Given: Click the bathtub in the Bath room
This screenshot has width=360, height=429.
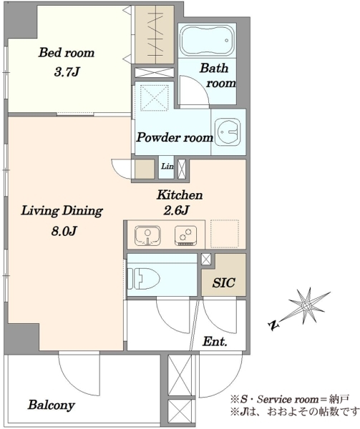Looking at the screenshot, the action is click(x=208, y=41).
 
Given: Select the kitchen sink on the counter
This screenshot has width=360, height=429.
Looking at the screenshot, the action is click(x=147, y=235).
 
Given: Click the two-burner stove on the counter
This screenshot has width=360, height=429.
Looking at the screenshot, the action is click(x=185, y=235).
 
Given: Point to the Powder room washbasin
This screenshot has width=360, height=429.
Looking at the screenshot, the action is click(x=228, y=132).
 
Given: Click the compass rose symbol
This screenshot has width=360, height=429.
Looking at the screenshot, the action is click(x=306, y=306).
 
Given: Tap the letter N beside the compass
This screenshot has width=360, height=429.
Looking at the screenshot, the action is click(x=273, y=325).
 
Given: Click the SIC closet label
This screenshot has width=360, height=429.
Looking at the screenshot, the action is click(x=224, y=282).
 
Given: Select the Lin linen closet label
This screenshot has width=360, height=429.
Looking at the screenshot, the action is click(x=167, y=166).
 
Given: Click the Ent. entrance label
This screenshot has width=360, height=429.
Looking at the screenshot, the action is click(x=215, y=342).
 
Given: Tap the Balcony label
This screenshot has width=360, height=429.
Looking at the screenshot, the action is click(x=52, y=405).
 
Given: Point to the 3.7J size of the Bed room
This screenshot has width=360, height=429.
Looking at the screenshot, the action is click(x=67, y=72).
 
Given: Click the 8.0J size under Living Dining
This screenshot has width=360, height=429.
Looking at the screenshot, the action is click(x=64, y=232).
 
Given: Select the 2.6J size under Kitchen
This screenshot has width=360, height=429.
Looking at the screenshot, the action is click(x=175, y=211).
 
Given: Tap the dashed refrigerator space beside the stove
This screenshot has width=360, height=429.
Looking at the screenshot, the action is click(x=225, y=233).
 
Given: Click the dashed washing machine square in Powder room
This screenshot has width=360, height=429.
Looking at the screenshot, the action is click(x=154, y=98).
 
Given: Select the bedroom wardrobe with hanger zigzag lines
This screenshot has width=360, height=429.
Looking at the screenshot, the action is click(x=155, y=35).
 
